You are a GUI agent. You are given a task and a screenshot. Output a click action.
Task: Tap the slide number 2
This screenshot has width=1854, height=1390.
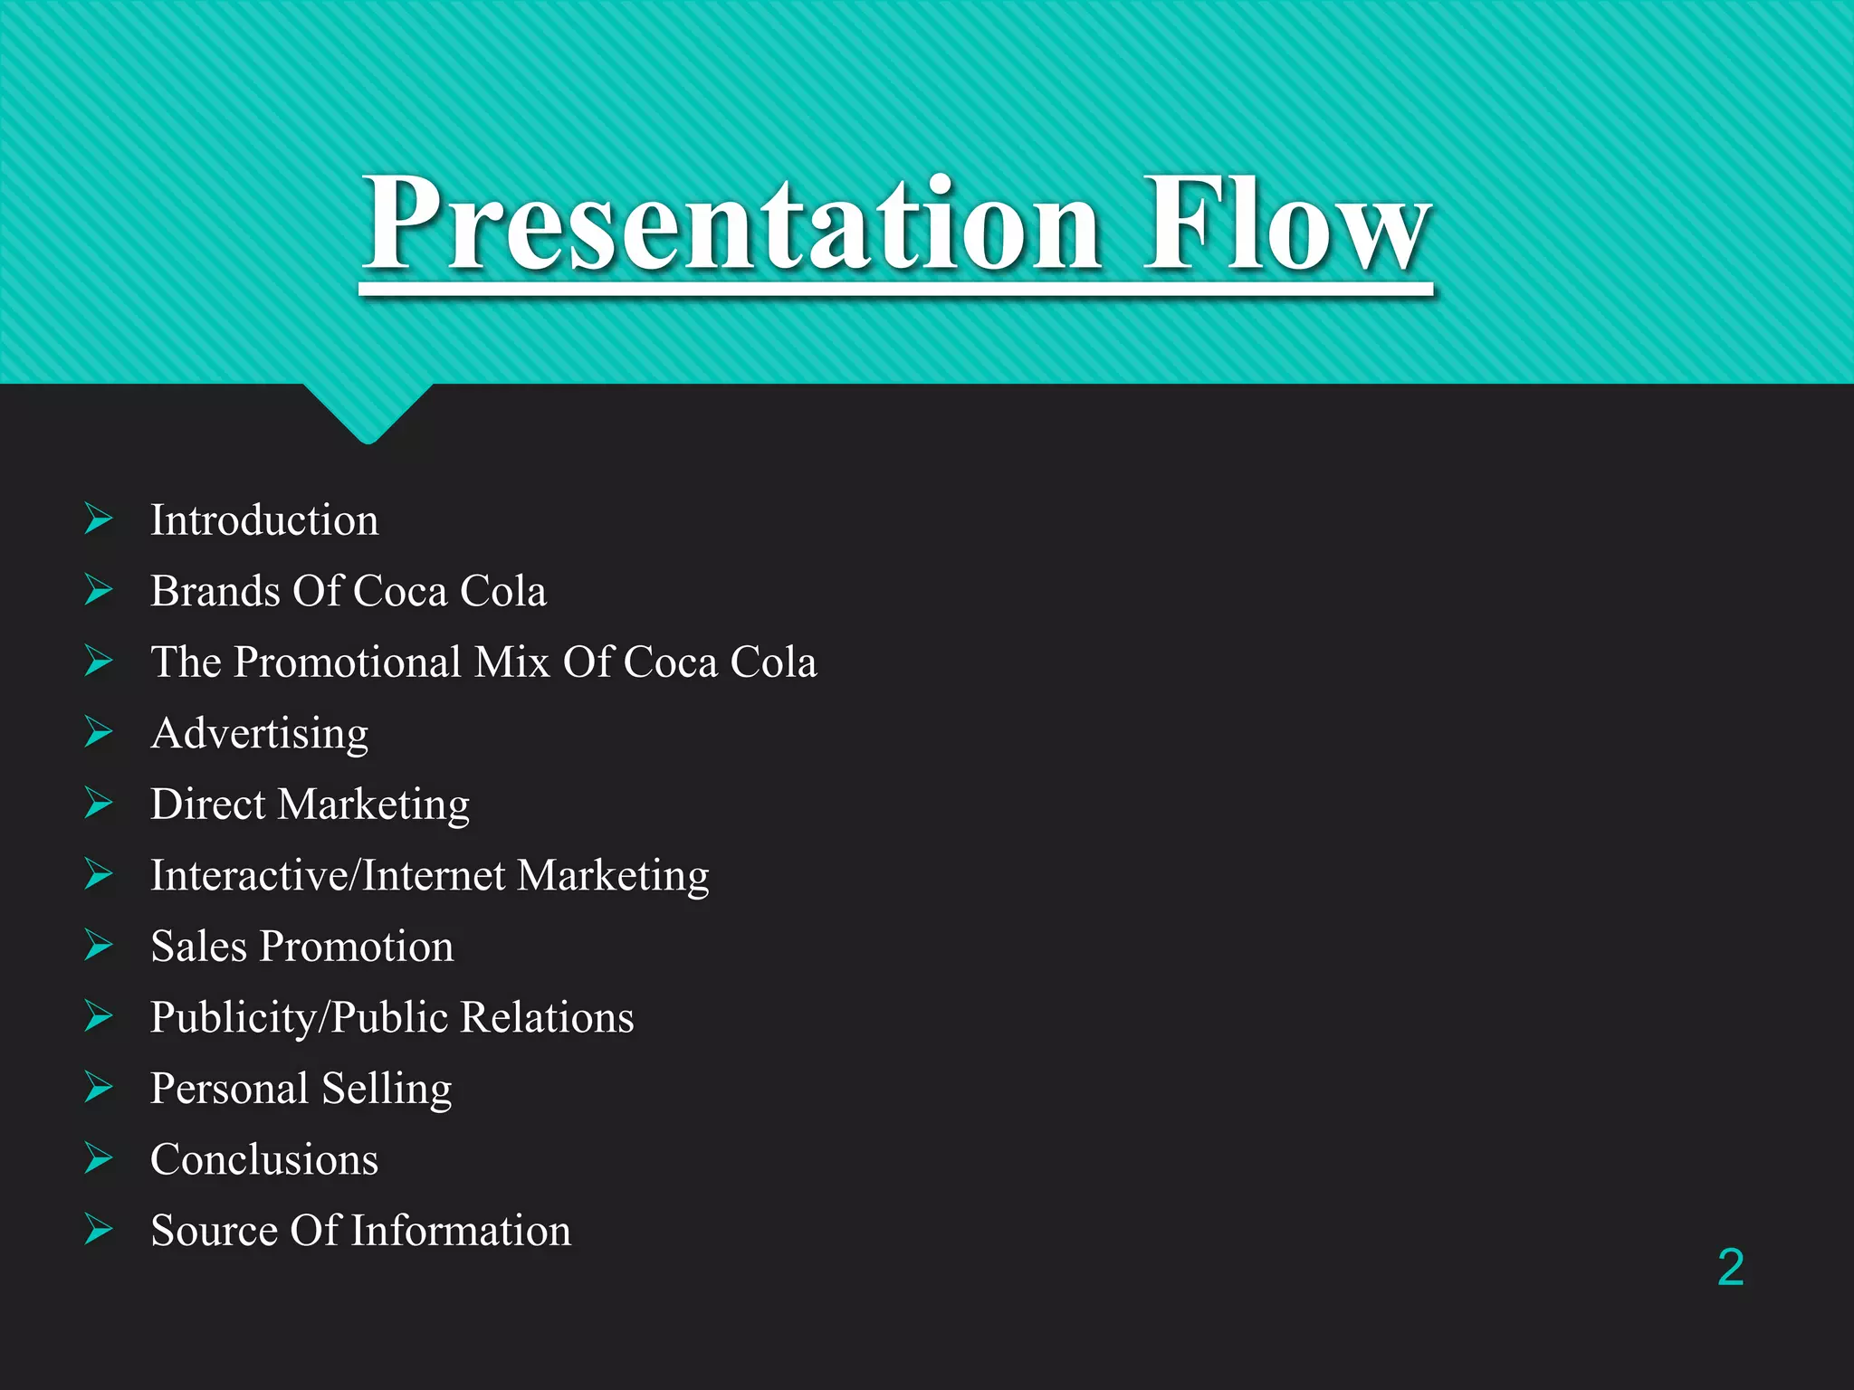[x=1730, y=1267]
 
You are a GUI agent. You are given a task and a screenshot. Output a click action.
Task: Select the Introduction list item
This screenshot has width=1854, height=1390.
[x=264, y=520]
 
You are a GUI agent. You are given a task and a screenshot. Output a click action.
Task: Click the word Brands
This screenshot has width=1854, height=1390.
[x=215, y=591]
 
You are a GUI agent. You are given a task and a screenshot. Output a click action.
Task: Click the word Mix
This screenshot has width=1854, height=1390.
[x=512, y=662]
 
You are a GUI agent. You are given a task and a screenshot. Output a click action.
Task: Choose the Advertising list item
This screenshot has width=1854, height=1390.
[x=260, y=733]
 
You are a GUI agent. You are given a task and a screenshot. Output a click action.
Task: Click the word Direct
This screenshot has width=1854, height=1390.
[x=207, y=804]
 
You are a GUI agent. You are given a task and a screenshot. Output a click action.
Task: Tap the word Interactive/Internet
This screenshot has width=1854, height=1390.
[x=328, y=875]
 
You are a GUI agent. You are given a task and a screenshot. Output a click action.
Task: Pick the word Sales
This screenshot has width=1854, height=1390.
[x=198, y=947]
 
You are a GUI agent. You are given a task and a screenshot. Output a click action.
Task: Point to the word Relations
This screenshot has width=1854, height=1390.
[x=547, y=1017]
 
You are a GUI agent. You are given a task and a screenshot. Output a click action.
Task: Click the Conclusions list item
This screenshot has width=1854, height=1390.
[x=264, y=1159]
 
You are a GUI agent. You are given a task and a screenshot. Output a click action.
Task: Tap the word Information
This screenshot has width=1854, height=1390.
[x=461, y=1231]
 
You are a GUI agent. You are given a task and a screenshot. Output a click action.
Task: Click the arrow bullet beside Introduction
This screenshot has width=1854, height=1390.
[x=99, y=519]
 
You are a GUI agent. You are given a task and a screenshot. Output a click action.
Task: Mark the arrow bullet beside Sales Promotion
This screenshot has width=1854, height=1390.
[x=99, y=946]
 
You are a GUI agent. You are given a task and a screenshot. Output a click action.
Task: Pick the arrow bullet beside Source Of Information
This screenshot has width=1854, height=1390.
[x=99, y=1230]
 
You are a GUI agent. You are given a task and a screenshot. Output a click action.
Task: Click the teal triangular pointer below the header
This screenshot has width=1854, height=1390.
[x=368, y=412]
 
